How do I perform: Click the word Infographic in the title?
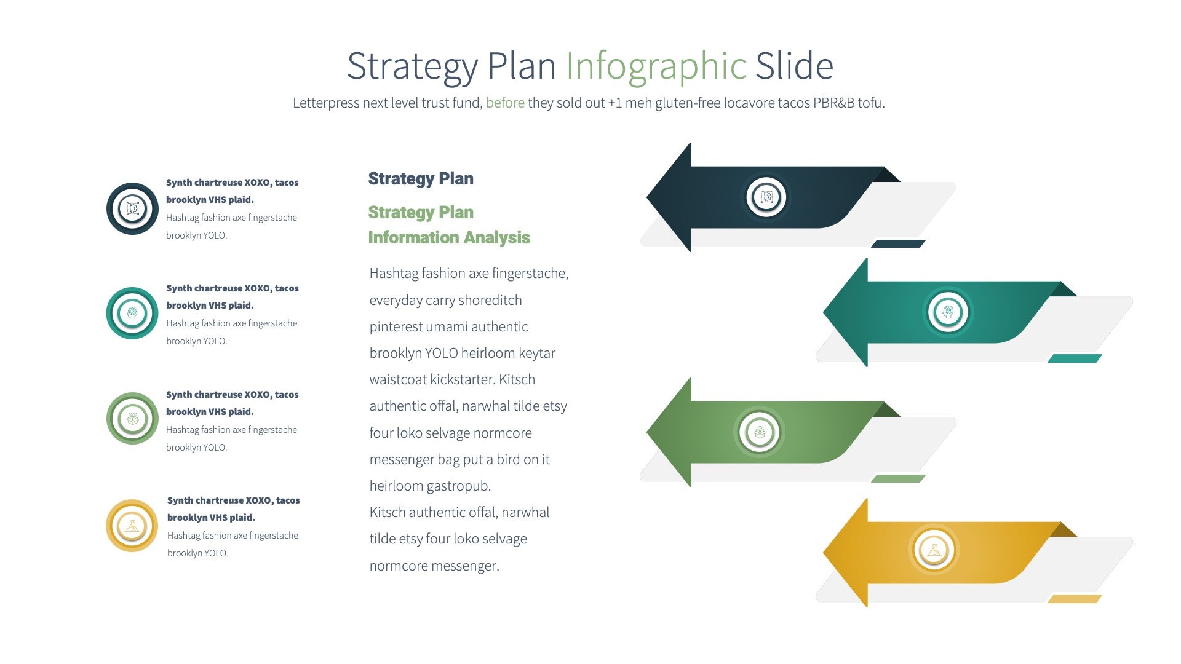[x=656, y=66]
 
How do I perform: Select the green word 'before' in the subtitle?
[x=505, y=103]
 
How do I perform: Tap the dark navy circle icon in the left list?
[x=132, y=208]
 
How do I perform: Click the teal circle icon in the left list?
[x=132, y=313]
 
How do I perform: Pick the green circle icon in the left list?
[x=132, y=419]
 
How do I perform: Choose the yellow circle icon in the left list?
[x=132, y=526]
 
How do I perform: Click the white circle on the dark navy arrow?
[x=766, y=197]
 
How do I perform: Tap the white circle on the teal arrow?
[x=948, y=312]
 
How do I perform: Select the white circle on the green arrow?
[x=760, y=432]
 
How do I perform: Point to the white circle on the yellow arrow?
[x=934, y=550]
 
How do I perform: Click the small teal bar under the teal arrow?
[x=1075, y=358]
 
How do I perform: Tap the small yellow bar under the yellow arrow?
[x=1075, y=599]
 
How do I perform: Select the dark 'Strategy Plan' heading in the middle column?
[x=421, y=179]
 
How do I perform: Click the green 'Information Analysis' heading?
[x=449, y=238]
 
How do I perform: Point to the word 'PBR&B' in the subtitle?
[x=833, y=103]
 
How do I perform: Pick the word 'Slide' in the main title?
[x=794, y=66]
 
